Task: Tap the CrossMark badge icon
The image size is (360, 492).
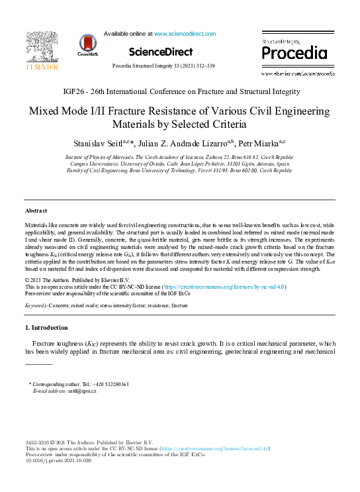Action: coord(88,44)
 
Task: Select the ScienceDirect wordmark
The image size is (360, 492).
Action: coord(160,52)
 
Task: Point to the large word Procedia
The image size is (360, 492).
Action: coord(294,53)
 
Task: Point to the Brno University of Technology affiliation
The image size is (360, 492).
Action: coord(180,170)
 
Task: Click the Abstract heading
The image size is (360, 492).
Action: coord(36,210)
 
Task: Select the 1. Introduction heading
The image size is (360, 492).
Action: coord(46,328)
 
